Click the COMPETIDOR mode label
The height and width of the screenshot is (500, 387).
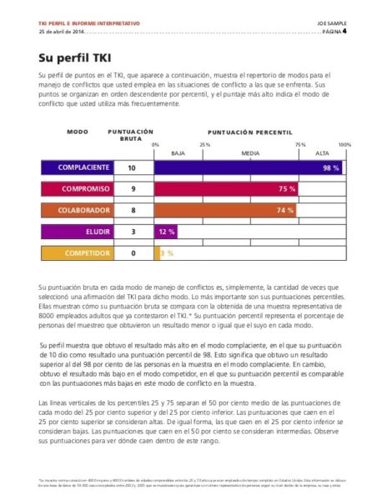[88, 252]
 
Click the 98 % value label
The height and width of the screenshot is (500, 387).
[330, 167]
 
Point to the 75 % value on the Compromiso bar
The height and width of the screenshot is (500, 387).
[286, 189]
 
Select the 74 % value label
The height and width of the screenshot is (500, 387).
[284, 210]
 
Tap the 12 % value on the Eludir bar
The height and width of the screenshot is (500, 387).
[166, 232]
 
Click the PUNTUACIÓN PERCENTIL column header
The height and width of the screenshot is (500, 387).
[250, 132]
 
